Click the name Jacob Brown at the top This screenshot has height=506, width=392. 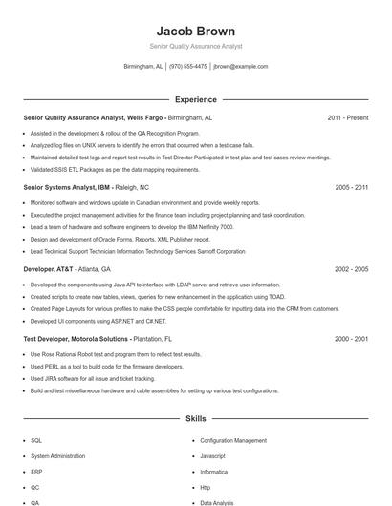click(196, 31)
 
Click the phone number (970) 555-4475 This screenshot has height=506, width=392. click(188, 67)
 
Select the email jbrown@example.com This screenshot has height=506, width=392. click(240, 67)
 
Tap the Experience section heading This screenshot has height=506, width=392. click(195, 99)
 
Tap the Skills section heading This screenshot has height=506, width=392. click(195, 418)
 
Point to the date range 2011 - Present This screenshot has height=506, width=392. click(347, 117)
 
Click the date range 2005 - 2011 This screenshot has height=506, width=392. click(351, 188)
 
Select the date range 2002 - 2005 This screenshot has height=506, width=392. click(351, 270)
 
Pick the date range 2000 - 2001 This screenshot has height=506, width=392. click(351, 339)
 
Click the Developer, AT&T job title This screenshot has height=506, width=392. click(47, 270)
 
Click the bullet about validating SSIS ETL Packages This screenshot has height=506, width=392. click(116, 169)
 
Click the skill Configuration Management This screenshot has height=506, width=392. click(233, 441)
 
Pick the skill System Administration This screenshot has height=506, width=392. click(58, 456)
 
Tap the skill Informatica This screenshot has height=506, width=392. click(213, 472)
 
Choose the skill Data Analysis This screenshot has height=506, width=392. click(217, 502)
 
